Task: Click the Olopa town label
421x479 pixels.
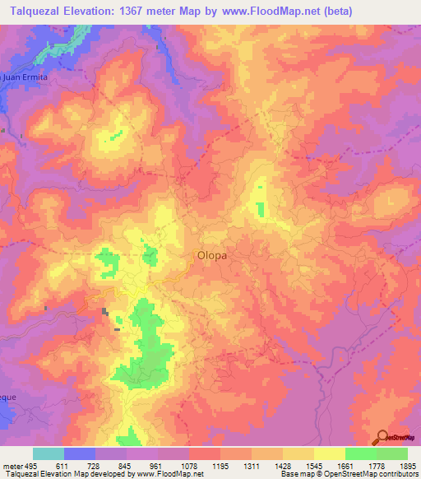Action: click(211, 255)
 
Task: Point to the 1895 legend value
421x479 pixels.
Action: click(407, 466)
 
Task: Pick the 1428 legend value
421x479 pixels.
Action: click(283, 466)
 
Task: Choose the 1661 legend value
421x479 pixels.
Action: click(345, 466)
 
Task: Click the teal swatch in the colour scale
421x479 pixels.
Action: click(49, 453)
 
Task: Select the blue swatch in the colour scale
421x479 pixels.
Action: click(80, 453)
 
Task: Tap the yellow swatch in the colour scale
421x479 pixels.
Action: click(329, 453)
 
